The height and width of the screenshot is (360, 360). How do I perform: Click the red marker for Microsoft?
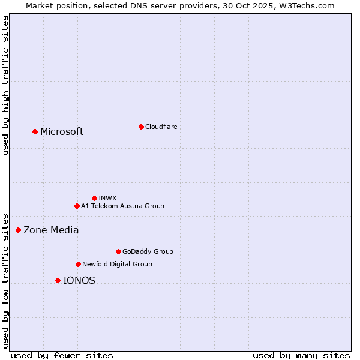point(35,131)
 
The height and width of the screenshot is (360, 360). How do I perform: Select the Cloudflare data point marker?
point(141,127)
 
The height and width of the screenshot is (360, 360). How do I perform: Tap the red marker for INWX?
point(94,198)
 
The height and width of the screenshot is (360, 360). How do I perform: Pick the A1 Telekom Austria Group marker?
point(77,206)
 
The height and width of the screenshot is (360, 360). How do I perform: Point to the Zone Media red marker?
point(18,230)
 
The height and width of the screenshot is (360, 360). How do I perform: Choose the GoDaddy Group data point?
point(118,251)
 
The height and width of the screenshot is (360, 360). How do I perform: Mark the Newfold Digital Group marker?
point(78,264)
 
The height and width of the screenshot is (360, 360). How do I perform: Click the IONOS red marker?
point(58,280)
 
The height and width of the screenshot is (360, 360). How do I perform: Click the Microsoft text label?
point(62,132)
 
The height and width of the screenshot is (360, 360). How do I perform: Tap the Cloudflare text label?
point(161,127)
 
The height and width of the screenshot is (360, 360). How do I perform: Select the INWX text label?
point(108,198)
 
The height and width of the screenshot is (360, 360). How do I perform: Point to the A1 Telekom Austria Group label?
point(122,206)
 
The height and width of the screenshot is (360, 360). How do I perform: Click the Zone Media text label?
point(51,230)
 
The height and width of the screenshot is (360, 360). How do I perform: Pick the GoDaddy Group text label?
point(148,251)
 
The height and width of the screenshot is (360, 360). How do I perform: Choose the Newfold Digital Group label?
point(117,264)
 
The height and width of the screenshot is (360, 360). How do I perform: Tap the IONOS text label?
point(79,281)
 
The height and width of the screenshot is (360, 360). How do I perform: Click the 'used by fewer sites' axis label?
point(62,355)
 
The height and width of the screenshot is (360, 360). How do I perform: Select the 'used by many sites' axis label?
point(301,355)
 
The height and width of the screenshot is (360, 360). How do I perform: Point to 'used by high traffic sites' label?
point(6,85)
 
